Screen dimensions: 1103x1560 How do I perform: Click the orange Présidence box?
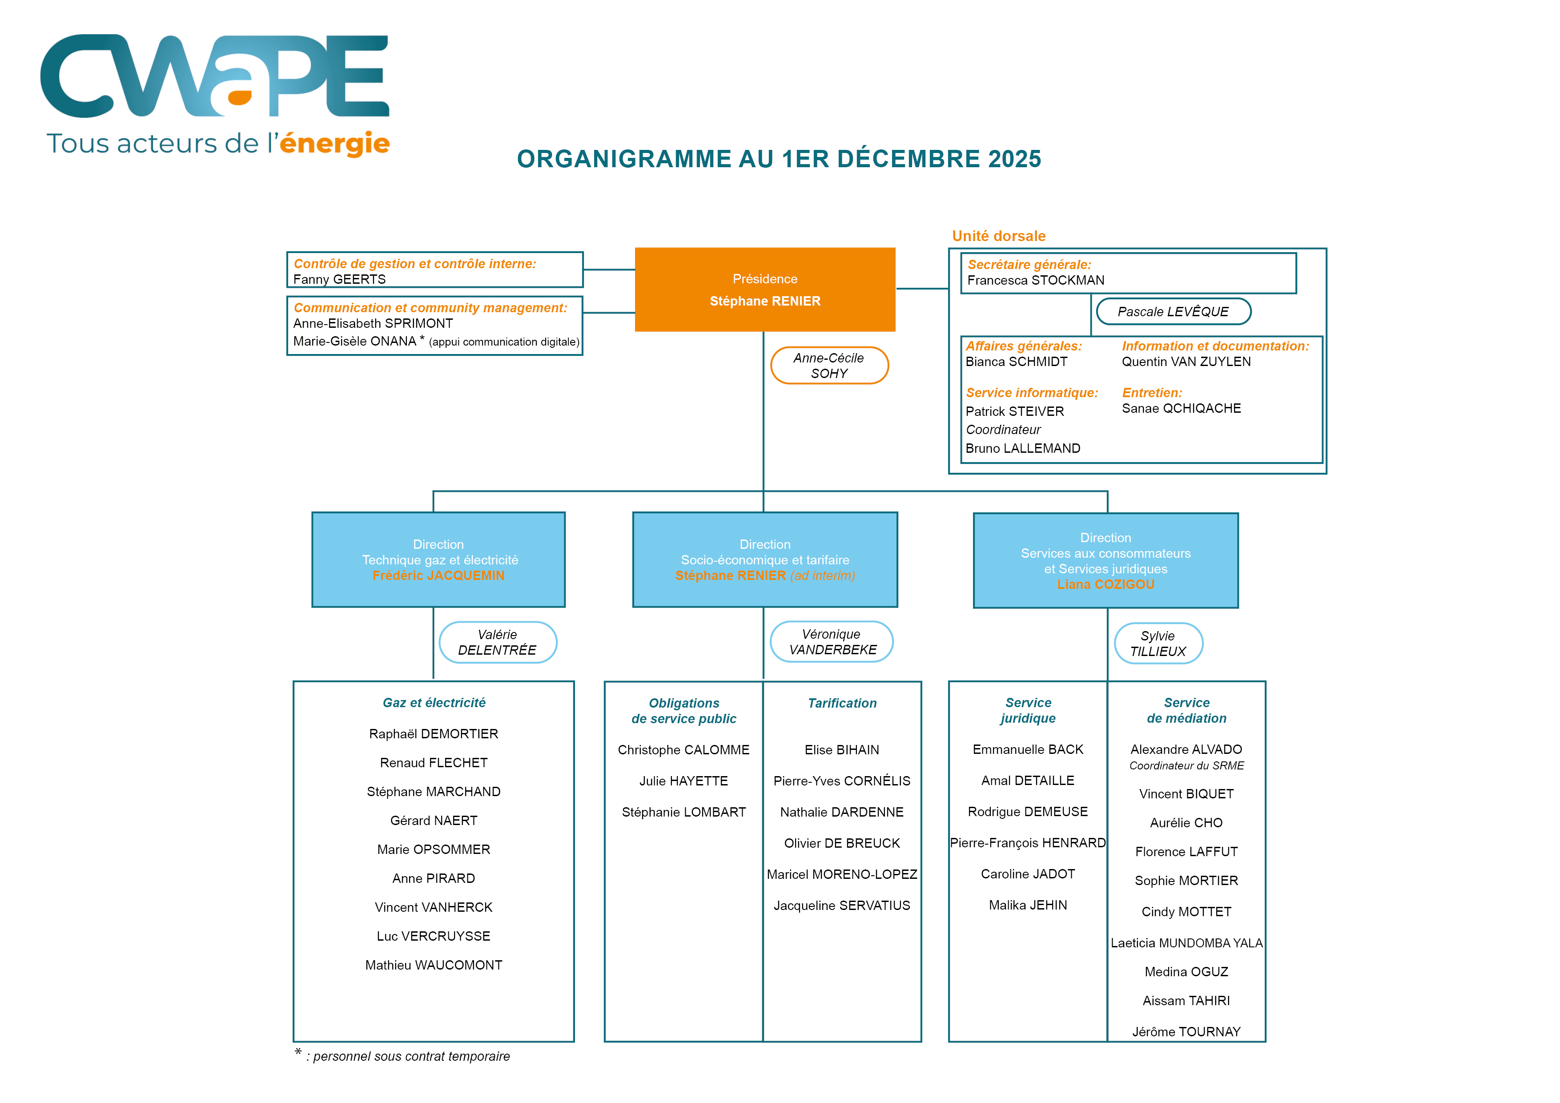tap(764, 290)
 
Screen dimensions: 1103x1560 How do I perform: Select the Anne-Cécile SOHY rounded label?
tap(829, 366)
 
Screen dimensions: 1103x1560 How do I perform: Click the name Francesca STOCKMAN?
tap(1035, 280)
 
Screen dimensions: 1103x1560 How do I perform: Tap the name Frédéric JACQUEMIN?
tap(438, 576)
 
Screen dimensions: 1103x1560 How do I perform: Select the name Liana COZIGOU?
tap(1106, 584)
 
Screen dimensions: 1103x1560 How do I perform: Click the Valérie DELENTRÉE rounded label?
tap(497, 642)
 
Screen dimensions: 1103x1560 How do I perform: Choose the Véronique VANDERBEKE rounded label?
tap(832, 641)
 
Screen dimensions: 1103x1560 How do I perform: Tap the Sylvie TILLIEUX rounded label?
tap(1158, 644)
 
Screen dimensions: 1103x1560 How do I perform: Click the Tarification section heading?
tap(842, 704)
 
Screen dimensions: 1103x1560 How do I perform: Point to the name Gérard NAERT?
tap(434, 820)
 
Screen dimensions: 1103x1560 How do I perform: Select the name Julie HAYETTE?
tap(684, 781)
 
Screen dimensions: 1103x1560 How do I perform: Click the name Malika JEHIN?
tap(1027, 905)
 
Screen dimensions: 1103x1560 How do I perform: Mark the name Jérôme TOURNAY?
tap(1186, 1032)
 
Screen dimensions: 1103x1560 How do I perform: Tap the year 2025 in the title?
tap(1014, 159)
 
